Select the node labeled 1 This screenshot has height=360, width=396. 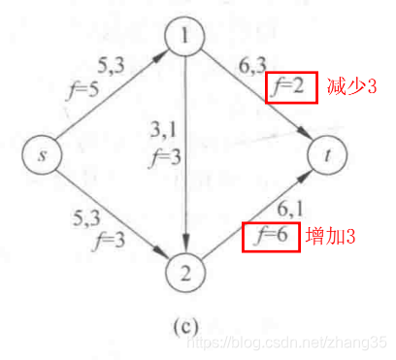(x=185, y=38)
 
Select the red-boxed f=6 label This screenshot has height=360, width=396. (x=269, y=237)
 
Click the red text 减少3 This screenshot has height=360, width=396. (x=350, y=87)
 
